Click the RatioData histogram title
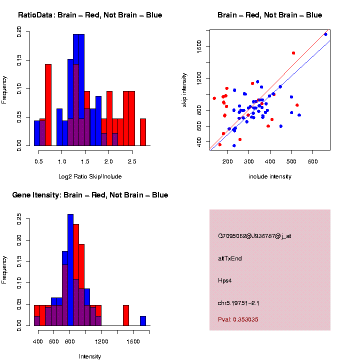(90, 15)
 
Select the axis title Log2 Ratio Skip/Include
(89, 176)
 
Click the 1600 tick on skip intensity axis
(199, 47)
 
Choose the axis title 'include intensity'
(269, 176)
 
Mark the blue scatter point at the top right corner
(325, 34)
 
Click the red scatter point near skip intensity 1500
(293, 53)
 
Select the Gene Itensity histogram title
(90, 195)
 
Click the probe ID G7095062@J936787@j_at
(254, 236)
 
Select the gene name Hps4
(224, 280)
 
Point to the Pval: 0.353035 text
(238, 319)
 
